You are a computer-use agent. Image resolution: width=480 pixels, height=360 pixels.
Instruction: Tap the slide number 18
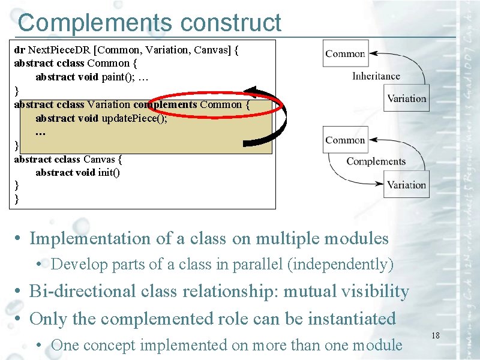[436, 335]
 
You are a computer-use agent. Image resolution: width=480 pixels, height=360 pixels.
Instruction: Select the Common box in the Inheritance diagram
[345, 54]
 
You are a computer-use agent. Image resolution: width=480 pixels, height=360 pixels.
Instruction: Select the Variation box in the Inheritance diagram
[406, 98]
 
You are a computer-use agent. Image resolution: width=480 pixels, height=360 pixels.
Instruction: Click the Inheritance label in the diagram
[376, 76]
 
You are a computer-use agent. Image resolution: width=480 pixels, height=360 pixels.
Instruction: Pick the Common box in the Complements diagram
[345, 140]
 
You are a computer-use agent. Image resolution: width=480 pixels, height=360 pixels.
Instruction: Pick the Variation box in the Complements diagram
[406, 185]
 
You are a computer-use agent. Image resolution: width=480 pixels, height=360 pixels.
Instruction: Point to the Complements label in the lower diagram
[376, 161]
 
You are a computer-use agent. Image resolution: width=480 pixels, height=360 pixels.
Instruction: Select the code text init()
[109, 172]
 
